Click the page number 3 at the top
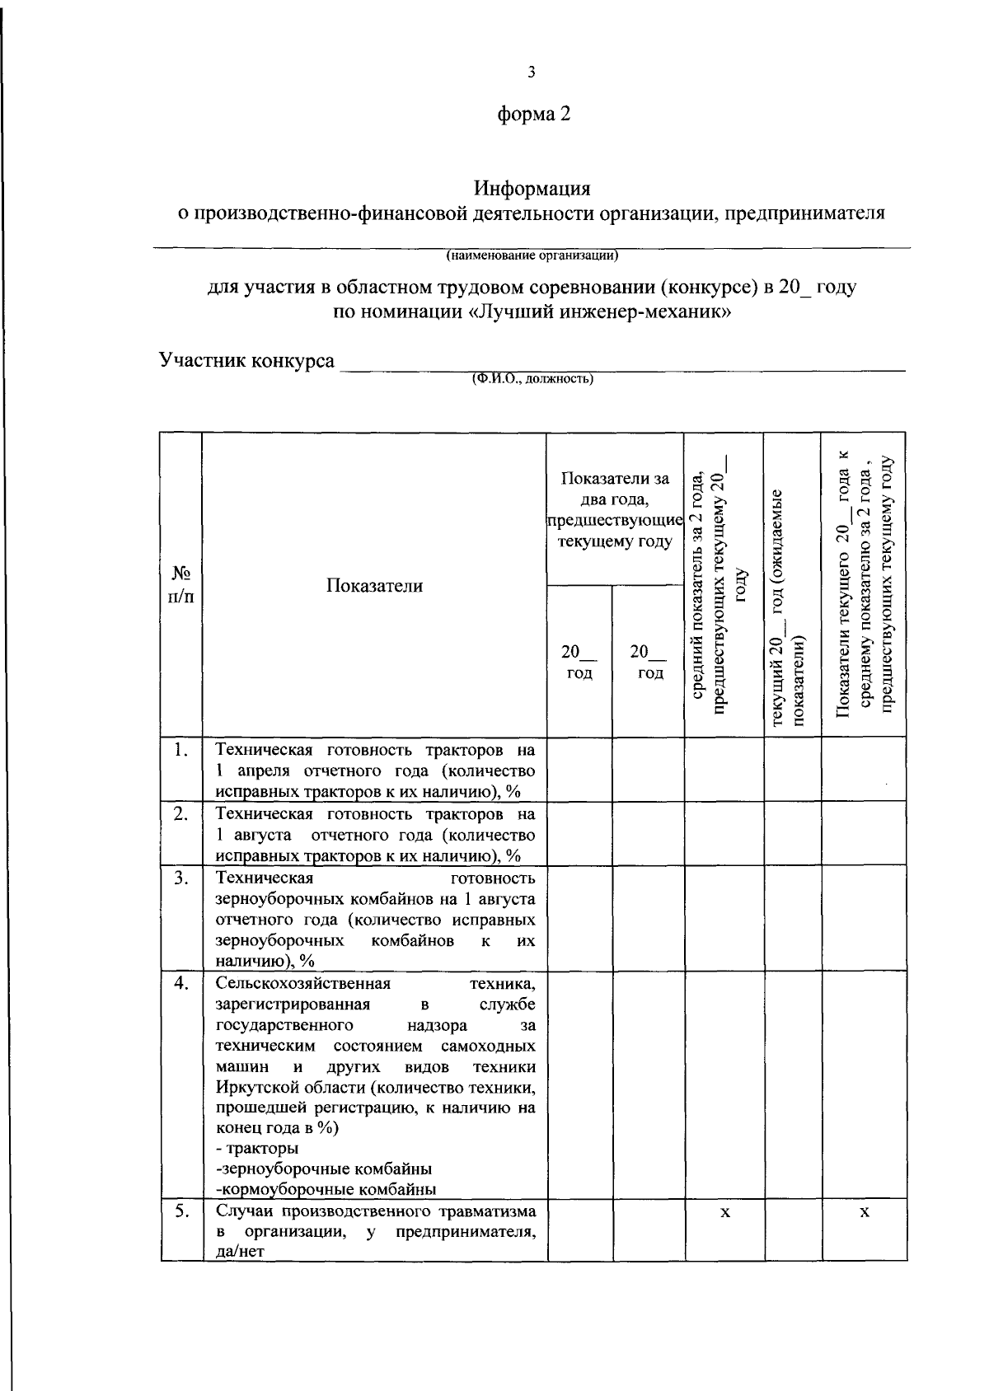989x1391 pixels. tap(532, 73)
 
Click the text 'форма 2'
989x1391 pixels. tap(533, 115)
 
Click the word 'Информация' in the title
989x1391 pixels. tap(532, 189)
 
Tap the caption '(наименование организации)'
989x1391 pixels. tap(532, 255)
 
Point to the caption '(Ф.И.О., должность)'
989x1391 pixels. tap(532, 380)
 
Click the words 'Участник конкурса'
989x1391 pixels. tap(247, 361)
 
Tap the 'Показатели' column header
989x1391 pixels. tap(374, 585)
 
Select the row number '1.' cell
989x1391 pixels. tap(182, 750)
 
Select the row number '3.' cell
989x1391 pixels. tap(182, 877)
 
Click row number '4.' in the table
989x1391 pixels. tap(182, 983)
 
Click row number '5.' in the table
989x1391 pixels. tap(182, 1211)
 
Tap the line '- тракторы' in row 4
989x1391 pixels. tap(258, 1148)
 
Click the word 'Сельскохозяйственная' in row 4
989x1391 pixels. tap(302, 983)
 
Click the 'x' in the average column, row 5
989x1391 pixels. tap(724, 1212)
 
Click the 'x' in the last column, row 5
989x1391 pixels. tap(864, 1212)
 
